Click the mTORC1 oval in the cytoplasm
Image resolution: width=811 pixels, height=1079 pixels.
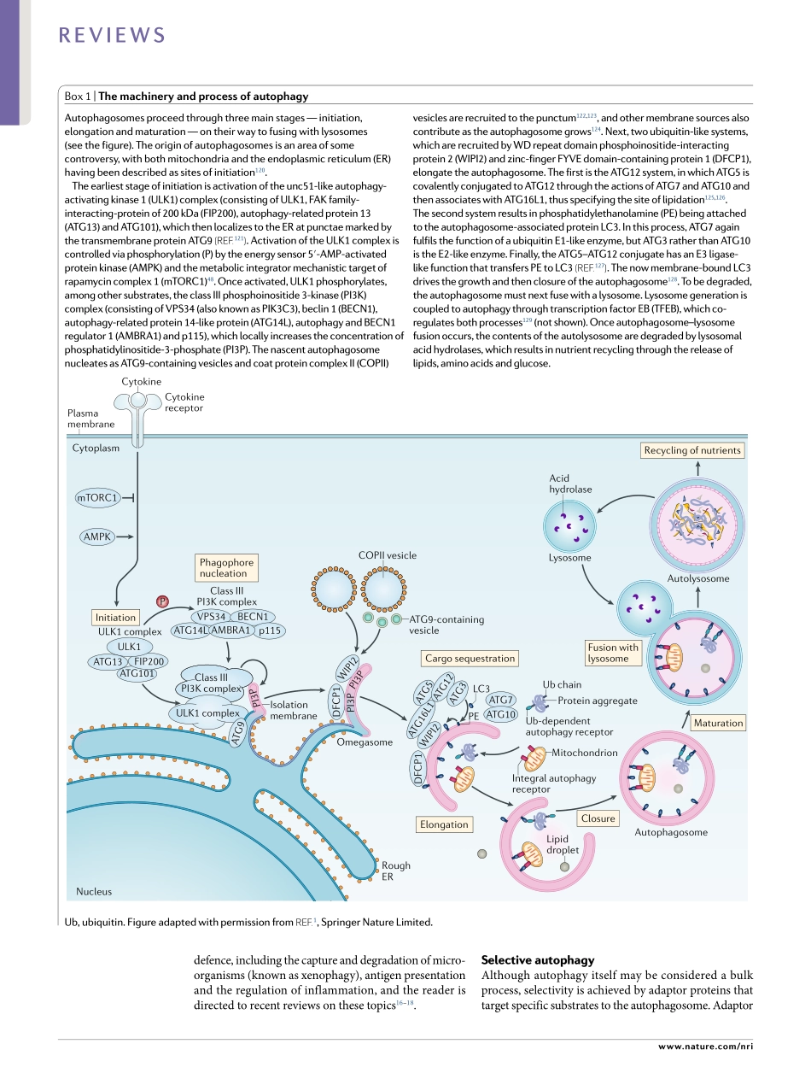click(x=96, y=496)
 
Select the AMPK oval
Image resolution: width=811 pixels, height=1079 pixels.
click(x=97, y=537)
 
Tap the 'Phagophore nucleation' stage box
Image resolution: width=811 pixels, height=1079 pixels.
click(x=226, y=567)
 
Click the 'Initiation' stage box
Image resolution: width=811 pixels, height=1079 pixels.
click(x=115, y=617)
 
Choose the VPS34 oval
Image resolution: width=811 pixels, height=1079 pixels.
click(x=211, y=616)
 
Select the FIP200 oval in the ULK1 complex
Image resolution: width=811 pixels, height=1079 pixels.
click(x=150, y=661)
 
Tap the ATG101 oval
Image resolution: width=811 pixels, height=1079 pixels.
click(x=137, y=673)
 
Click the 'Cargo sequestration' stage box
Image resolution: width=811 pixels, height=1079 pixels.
click(x=470, y=658)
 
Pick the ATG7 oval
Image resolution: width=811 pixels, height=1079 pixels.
click(x=500, y=700)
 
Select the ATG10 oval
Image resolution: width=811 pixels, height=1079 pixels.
click(x=500, y=714)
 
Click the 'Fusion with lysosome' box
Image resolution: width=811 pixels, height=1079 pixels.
click(x=613, y=653)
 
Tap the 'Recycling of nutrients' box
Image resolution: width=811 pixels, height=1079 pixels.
click(x=692, y=450)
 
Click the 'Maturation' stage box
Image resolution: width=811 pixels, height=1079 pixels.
click(x=718, y=723)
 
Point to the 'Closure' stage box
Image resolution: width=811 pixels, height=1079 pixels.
click(x=598, y=818)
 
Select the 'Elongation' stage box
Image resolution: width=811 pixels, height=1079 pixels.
click(x=444, y=824)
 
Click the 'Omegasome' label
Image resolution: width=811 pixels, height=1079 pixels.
click(x=365, y=742)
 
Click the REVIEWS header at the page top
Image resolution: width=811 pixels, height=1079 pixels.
click(x=112, y=35)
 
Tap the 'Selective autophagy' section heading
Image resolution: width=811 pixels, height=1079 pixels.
click(x=538, y=960)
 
